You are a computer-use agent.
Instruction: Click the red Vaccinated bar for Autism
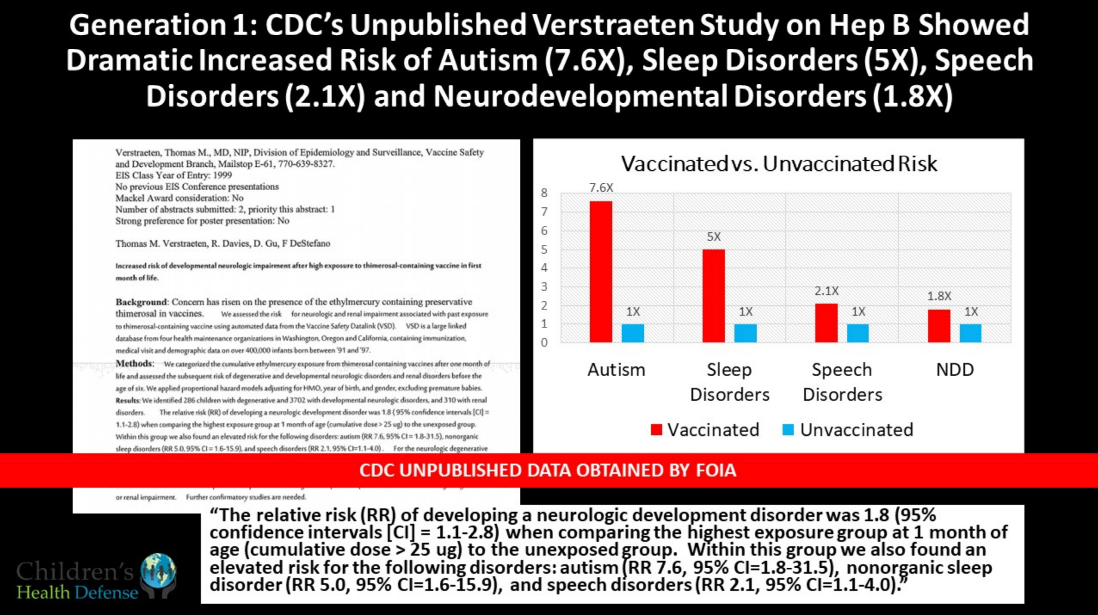pos(601,271)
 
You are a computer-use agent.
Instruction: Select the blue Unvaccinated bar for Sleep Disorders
pos(745,333)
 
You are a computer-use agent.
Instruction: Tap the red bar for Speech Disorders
pos(826,323)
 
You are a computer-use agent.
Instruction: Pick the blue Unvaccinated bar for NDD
pos(971,333)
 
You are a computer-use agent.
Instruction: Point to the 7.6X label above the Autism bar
pos(601,188)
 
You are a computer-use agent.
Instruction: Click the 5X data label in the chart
pos(714,237)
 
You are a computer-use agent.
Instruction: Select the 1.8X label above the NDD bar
pos(939,296)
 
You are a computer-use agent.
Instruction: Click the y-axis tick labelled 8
pos(544,193)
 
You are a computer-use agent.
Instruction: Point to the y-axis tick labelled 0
pos(544,342)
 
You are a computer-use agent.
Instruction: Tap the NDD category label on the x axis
pos(955,370)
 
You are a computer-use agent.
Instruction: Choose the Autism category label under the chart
pos(617,370)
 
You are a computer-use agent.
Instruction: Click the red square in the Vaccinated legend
pos(656,430)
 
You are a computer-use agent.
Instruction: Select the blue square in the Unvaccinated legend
pos(788,430)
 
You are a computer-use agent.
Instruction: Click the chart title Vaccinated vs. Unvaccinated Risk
pos(779,164)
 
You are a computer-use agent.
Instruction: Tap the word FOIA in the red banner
pos(716,470)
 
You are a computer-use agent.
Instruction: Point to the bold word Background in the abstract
pos(141,302)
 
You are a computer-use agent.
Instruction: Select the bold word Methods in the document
pos(134,363)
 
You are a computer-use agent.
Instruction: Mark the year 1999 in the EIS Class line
pos(222,175)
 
